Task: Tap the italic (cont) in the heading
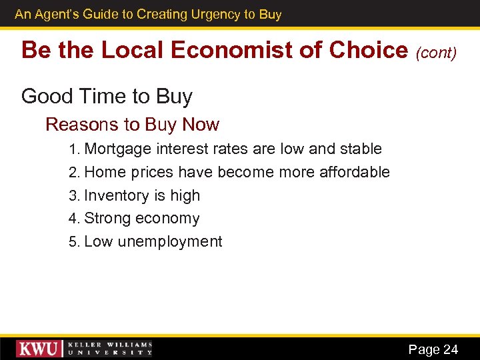click(437, 52)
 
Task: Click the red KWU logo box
click(39, 348)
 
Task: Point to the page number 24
click(451, 349)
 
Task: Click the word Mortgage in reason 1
click(119, 149)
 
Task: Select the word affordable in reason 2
click(354, 172)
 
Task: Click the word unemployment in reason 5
click(170, 241)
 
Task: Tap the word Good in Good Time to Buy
click(43, 97)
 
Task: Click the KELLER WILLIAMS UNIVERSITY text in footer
click(110, 349)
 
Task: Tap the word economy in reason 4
click(168, 219)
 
